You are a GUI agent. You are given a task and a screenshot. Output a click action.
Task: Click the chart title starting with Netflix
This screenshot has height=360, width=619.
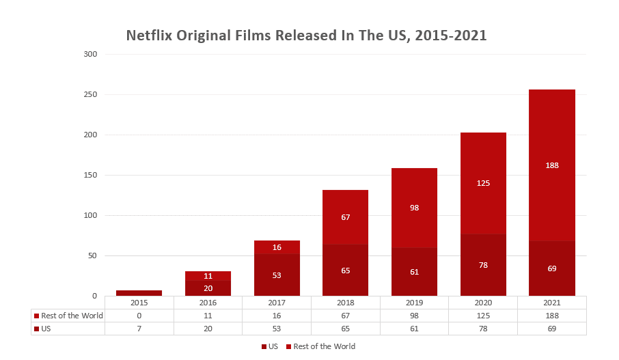306,36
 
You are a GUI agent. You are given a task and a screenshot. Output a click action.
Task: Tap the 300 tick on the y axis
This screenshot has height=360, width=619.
91,54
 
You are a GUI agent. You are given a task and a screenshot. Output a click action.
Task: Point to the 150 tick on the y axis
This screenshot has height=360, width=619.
91,175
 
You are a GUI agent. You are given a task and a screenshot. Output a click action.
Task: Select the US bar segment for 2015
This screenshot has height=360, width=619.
139,293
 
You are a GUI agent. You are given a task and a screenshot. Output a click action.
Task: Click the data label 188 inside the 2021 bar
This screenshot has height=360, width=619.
552,165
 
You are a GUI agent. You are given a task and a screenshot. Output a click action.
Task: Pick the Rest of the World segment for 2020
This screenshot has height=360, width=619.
483,183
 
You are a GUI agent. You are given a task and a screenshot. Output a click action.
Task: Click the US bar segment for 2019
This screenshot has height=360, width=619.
414,271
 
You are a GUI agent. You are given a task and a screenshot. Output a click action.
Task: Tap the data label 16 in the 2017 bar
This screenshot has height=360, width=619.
277,247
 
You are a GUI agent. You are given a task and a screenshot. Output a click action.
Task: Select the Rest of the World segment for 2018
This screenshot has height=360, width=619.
345,217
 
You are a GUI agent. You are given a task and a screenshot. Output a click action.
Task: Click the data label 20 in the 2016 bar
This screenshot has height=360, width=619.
208,288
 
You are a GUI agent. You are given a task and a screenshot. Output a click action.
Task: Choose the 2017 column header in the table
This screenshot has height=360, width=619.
277,302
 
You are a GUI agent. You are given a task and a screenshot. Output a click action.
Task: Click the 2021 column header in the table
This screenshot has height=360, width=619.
552,302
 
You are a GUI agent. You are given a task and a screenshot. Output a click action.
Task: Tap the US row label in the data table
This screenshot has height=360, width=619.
47,329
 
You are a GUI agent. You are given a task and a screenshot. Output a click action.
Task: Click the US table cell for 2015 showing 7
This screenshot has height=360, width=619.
139,329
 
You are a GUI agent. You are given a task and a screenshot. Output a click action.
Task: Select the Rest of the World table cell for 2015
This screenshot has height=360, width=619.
139,316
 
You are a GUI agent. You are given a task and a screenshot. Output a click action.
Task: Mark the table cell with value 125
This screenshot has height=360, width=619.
483,316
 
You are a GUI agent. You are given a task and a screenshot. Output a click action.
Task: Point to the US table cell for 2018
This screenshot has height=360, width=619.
345,329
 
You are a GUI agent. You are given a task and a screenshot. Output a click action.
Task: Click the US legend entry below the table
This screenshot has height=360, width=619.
270,346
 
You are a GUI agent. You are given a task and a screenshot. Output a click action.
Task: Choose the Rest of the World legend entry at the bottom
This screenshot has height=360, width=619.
320,346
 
